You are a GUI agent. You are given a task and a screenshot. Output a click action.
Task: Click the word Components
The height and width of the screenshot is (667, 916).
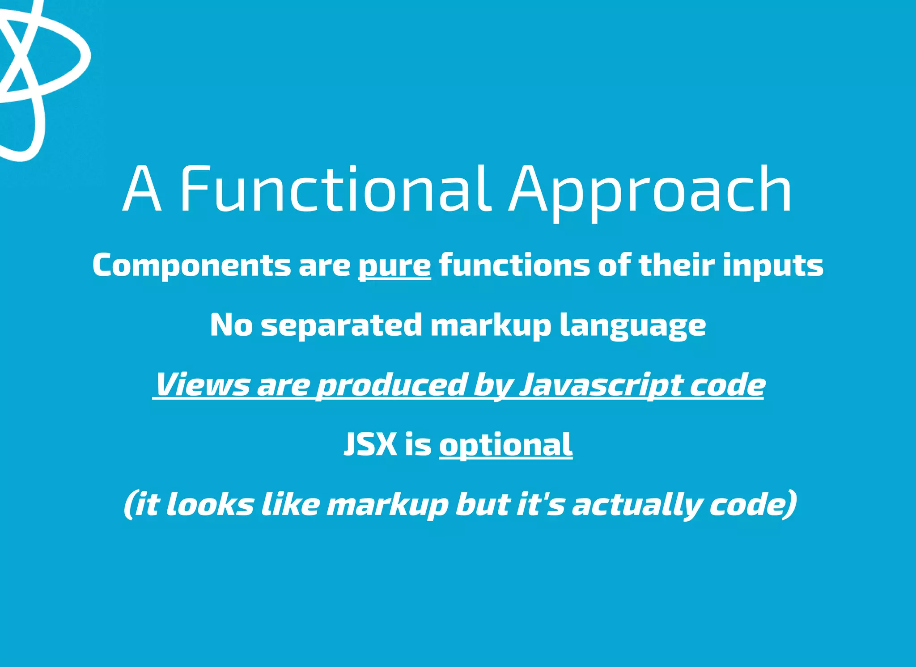point(191,266)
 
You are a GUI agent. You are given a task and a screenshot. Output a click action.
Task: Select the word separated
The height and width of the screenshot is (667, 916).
point(341,325)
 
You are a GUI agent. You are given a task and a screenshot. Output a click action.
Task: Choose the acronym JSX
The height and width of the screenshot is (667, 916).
point(370,444)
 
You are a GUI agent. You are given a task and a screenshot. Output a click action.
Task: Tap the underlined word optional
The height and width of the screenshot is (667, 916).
point(505,445)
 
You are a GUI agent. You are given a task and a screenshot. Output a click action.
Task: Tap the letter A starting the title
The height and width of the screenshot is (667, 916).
point(142,190)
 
